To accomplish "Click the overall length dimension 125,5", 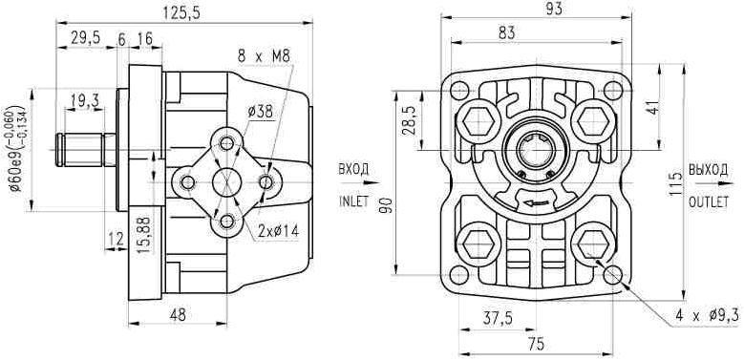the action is click(181, 12).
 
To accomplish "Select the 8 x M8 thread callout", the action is click(263, 57).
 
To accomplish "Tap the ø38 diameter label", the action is click(260, 112).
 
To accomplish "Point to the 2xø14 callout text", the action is click(278, 231).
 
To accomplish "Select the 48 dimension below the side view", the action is click(178, 314).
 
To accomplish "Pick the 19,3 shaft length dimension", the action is click(84, 100).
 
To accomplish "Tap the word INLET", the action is click(353, 201).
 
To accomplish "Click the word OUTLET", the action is click(708, 202).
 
